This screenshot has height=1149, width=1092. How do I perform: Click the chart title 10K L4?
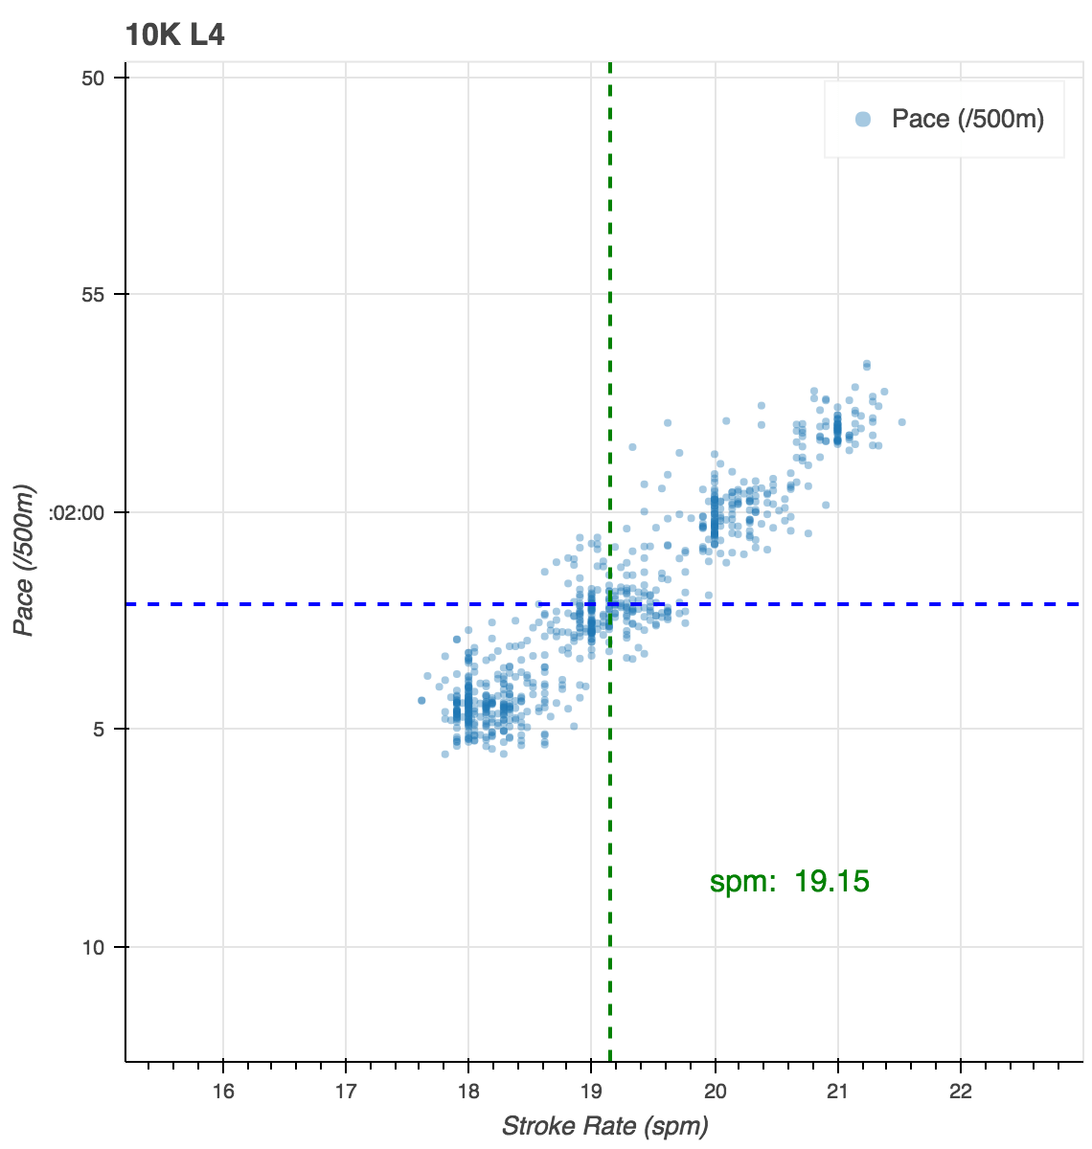(174, 36)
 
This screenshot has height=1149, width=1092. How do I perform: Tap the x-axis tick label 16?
(222, 1091)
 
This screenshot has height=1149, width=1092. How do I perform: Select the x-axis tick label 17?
(345, 1091)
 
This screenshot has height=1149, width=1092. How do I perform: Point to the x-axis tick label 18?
(468, 1091)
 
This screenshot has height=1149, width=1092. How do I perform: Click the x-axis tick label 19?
(591, 1091)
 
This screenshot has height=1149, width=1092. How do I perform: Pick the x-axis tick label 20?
(715, 1091)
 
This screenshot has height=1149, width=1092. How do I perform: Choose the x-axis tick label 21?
(838, 1091)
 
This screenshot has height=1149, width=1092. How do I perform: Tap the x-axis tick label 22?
(961, 1091)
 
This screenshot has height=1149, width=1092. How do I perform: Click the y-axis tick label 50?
(92, 78)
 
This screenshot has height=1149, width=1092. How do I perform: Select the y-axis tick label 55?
(92, 295)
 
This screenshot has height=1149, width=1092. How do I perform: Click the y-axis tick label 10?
(92, 948)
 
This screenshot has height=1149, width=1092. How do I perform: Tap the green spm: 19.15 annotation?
(789, 882)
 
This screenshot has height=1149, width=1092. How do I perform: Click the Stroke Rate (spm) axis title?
(604, 1126)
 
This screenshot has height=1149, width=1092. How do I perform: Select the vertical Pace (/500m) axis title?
(26, 561)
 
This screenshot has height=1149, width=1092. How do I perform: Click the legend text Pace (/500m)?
(967, 120)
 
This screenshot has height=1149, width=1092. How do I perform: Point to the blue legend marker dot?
(863, 120)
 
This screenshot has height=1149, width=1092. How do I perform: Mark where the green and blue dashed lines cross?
(610, 604)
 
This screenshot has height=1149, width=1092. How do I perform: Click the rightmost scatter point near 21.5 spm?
(901, 421)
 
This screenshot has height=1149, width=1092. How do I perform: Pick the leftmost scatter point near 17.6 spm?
(421, 701)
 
